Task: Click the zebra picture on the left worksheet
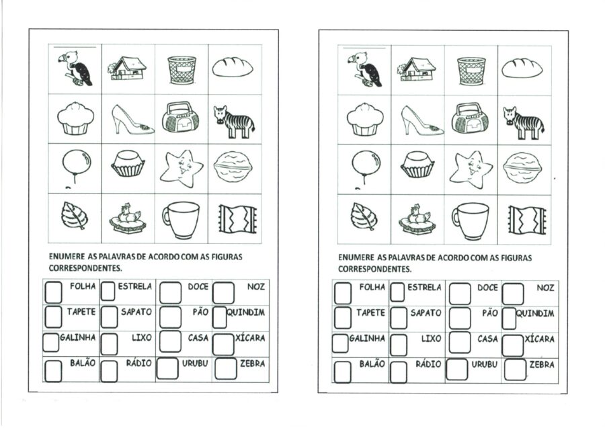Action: [234, 122]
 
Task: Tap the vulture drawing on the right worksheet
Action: [364, 69]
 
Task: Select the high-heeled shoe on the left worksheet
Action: [132, 120]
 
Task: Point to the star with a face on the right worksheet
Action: [471, 169]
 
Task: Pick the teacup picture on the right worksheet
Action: [470, 220]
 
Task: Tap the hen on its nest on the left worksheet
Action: [127, 218]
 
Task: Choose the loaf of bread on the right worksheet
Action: [522, 69]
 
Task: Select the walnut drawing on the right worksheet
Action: [522, 169]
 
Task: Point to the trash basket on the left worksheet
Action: [182, 70]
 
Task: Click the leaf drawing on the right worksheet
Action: [363, 217]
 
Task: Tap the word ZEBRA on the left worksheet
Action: [252, 363]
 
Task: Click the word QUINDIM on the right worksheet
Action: [535, 313]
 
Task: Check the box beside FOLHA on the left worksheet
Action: [53, 292]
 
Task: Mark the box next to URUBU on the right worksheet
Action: [457, 370]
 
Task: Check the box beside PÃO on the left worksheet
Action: [170, 317]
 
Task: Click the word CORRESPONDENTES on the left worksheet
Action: [85, 267]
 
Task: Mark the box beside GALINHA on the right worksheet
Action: [340, 343]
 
